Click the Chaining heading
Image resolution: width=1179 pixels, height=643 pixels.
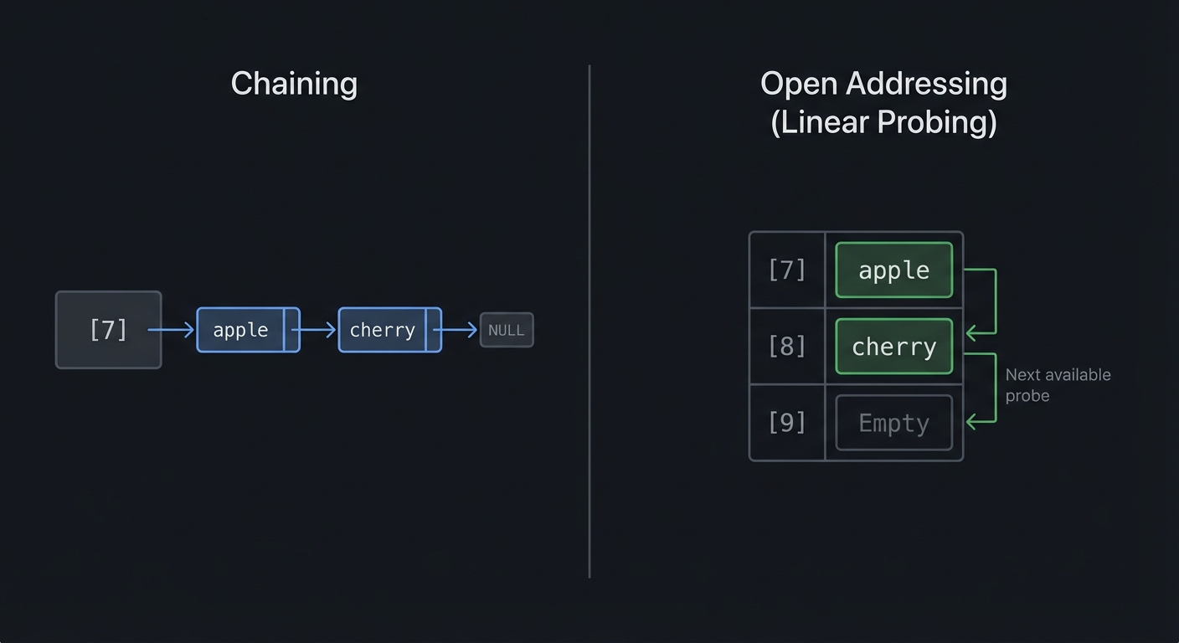[294, 84]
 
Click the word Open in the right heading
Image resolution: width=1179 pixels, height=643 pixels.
[800, 84]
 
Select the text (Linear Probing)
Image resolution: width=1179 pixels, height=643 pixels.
[883, 122]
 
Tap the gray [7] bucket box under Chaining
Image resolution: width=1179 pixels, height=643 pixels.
[108, 330]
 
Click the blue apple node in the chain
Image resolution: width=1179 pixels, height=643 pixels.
[240, 330]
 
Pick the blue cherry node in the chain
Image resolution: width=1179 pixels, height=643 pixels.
[382, 330]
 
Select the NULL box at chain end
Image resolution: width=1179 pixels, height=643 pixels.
[507, 330]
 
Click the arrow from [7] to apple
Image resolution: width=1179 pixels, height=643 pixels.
[172, 330]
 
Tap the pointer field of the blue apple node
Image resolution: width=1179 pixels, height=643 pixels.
[291, 330]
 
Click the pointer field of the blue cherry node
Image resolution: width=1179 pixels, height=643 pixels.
[433, 330]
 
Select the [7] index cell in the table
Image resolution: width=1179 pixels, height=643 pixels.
[787, 270]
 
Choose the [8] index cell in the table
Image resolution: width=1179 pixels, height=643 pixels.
[787, 346]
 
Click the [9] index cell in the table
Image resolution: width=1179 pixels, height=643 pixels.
[787, 423]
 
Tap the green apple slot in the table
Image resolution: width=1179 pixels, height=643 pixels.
[894, 270]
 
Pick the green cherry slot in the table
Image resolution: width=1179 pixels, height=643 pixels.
[894, 346]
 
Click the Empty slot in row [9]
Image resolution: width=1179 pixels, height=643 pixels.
[894, 423]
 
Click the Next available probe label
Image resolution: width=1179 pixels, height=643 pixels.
[1058, 384]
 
